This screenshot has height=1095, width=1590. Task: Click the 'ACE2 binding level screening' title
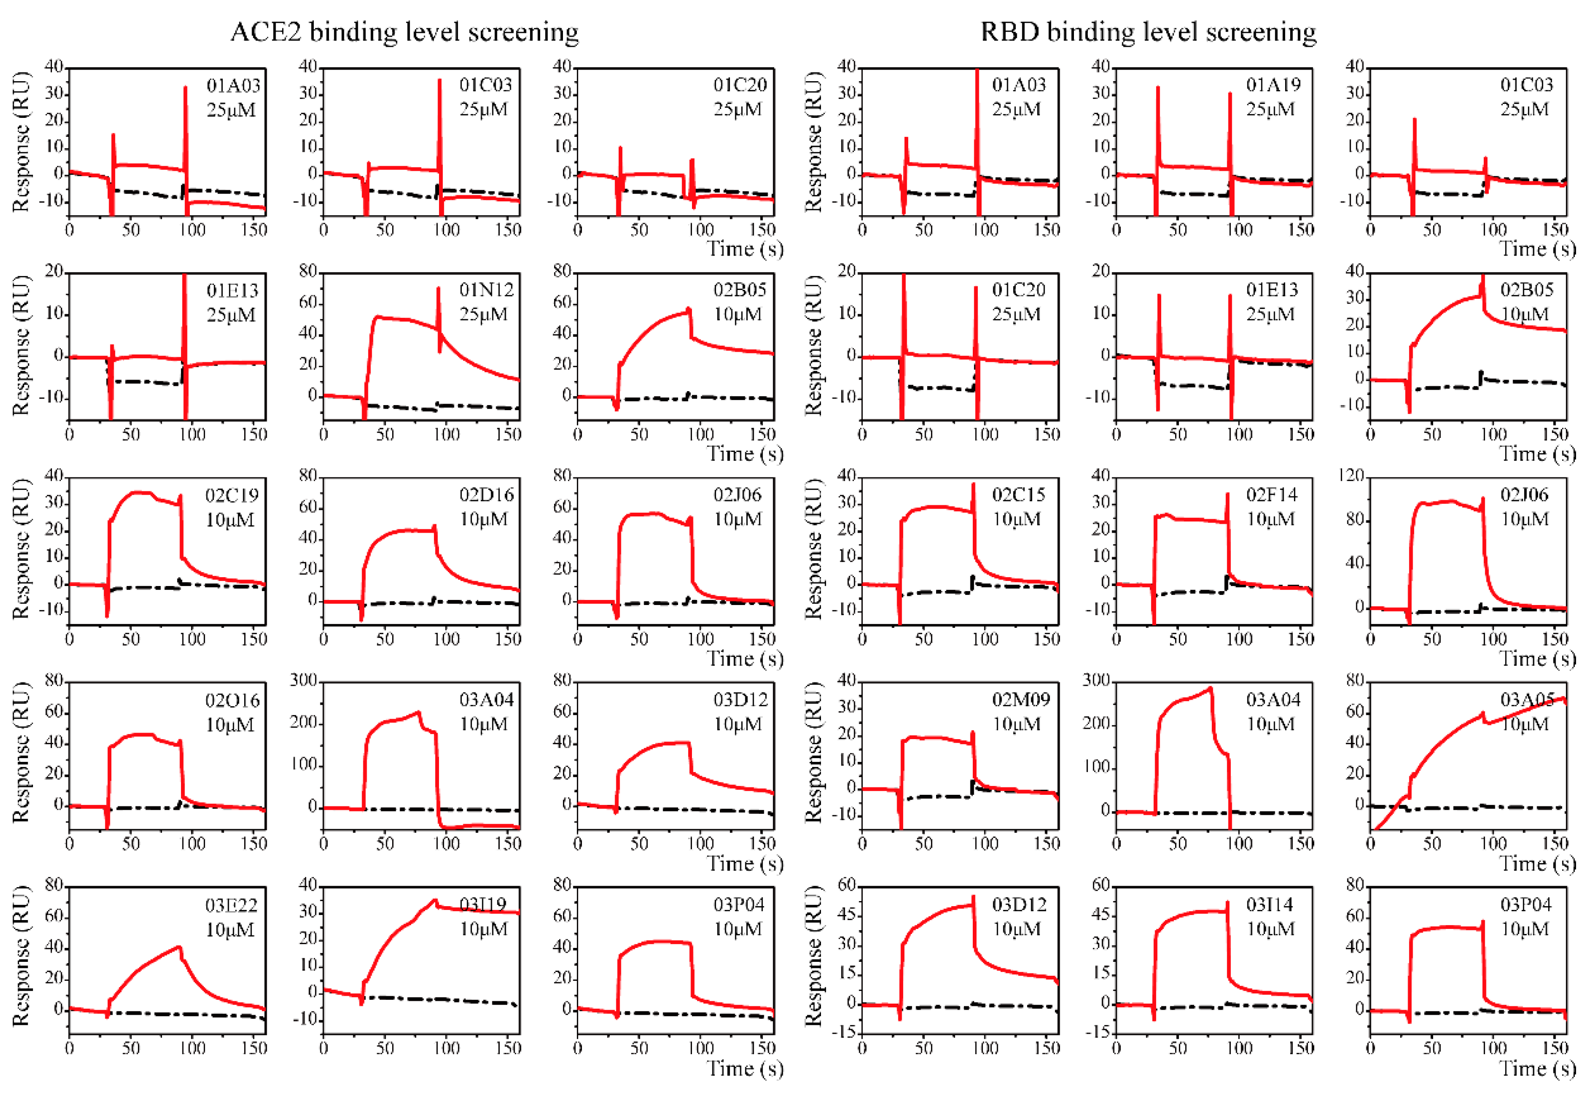tap(404, 32)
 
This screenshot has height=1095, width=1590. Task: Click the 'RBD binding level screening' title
tap(1148, 32)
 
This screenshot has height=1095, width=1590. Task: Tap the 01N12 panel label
tap(486, 290)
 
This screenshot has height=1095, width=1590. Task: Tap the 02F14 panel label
tap(1272, 495)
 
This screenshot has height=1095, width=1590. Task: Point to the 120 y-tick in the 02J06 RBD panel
tap(1351, 476)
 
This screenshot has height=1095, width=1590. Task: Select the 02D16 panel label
tap(486, 495)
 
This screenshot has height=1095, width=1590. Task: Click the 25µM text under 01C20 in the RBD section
tap(1016, 314)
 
